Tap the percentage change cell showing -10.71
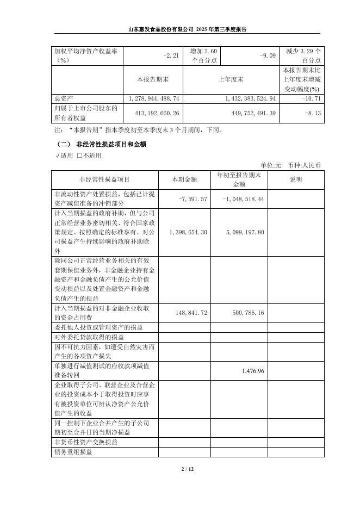[309, 98]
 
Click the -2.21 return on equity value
[171, 55]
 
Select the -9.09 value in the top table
[270, 55]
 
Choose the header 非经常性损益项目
[104, 179]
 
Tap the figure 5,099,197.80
[244, 232]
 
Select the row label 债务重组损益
[73, 452]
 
